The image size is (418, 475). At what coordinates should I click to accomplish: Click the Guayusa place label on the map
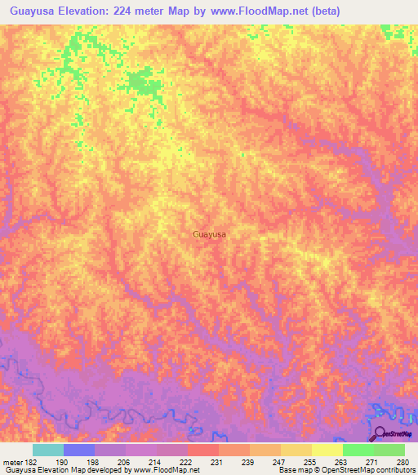click(x=210, y=234)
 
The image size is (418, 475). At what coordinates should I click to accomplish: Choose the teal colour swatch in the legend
click(x=48, y=450)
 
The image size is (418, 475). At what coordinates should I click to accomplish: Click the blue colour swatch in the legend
click(x=79, y=450)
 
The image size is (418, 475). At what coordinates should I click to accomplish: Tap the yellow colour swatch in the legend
click(x=327, y=450)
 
